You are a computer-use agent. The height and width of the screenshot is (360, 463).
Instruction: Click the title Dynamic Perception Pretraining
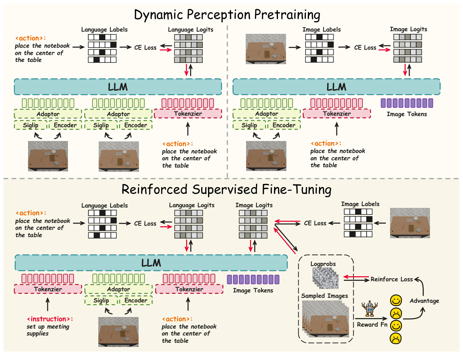point(227,15)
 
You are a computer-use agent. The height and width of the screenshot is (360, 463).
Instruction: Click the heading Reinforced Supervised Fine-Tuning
point(227,190)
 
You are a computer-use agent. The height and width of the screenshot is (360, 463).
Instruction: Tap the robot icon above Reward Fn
point(369,309)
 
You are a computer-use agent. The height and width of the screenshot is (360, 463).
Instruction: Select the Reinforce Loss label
point(392,279)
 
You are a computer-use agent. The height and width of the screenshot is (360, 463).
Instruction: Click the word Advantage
point(424,300)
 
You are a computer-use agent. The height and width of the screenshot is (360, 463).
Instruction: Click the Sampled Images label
point(325,296)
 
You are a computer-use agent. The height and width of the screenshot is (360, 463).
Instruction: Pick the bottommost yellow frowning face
point(396,338)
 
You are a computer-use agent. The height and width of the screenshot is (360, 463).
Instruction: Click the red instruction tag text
point(50,319)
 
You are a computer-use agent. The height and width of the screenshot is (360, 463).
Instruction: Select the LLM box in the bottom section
point(151,263)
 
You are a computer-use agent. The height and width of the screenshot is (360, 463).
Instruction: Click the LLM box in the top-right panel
point(336,87)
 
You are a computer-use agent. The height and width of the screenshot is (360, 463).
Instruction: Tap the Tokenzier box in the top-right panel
point(337,113)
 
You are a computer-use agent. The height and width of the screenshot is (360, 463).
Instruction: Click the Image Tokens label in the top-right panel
point(406,114)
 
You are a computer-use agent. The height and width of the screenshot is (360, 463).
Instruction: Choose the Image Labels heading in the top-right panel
point(321,30)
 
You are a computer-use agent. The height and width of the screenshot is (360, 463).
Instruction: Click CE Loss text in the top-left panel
point(145,48)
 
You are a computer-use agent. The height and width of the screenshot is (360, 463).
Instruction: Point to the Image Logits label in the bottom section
point(254,205)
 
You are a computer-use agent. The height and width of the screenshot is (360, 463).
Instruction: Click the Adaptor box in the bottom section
point(118,289)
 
